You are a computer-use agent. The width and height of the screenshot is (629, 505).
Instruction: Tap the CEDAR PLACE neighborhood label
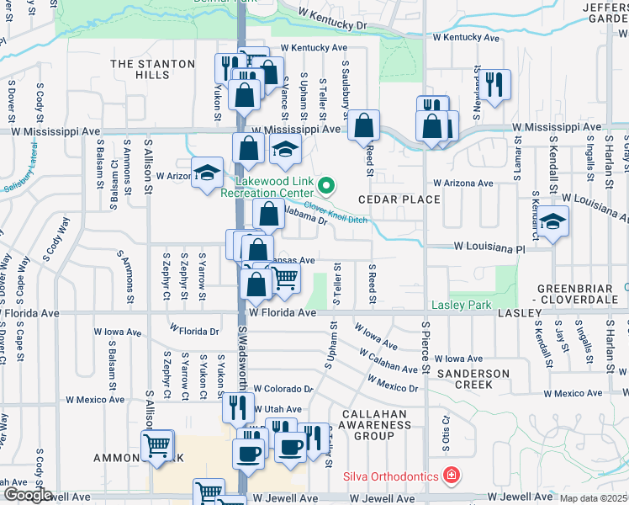[x=399, y=199]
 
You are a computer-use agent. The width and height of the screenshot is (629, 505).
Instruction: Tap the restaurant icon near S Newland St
[x=494, y=83]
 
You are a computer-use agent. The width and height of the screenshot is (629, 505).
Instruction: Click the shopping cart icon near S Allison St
[x=157, y=444]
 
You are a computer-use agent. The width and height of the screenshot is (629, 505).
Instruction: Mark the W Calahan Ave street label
[x=388, y=361]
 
